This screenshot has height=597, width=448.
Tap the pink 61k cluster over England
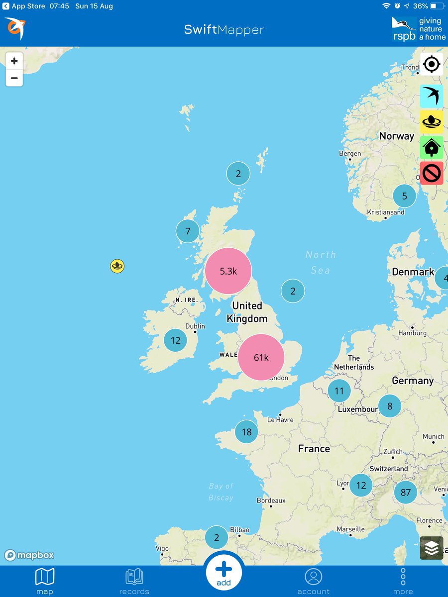click(x=261, y=357)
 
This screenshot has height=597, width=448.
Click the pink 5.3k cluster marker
click(x=228, y=271)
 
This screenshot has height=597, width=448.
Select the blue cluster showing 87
click(x=405, y=492)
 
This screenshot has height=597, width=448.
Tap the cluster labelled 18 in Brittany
click(x=246, y=432)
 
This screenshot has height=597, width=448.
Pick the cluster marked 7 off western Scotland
click(x=188, y=231)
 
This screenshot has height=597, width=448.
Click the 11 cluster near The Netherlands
click(x=339, y=391)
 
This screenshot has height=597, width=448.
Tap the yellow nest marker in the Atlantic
click(x=117, y=266)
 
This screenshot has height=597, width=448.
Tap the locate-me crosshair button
click(x=432, y=64)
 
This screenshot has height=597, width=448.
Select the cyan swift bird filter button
click(x=432, y=96)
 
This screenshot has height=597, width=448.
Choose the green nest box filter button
click(x=432, y=148)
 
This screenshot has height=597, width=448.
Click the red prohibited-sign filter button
click(x=432, y=173)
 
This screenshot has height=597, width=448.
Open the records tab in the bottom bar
click(x=134, y=581)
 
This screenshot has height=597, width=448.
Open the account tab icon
click(x=314, y=581)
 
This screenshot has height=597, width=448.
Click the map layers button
click(x=432, y=548)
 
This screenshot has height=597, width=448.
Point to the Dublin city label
click(x=195, y=326)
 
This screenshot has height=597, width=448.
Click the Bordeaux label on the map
click(x=271, y=500)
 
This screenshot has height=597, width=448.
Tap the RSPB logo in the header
click(x=417, y=29)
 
